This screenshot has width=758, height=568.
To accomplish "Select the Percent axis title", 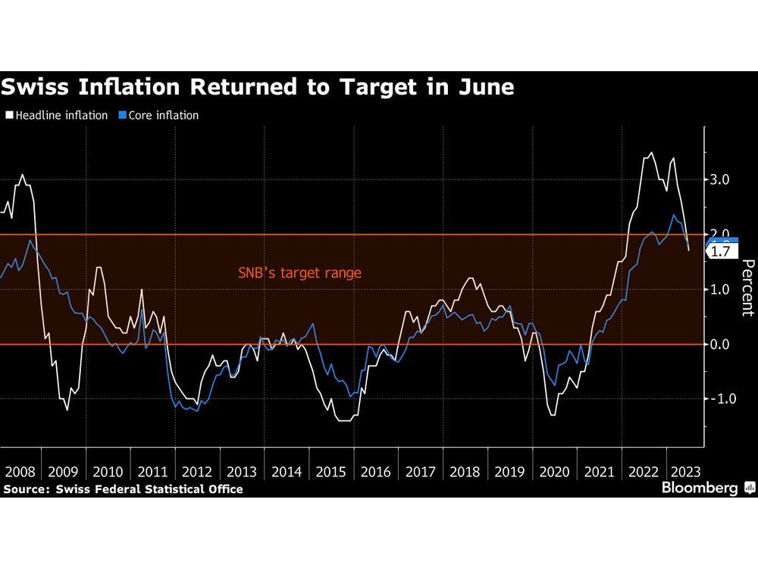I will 747,288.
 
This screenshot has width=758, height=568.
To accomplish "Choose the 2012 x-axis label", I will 198,472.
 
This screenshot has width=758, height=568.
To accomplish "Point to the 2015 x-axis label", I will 332,472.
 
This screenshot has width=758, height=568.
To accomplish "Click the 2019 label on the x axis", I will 510,472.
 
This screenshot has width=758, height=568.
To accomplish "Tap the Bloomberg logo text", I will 700,488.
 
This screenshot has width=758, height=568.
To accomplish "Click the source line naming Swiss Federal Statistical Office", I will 123,489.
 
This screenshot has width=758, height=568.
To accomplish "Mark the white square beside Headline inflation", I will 10,116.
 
